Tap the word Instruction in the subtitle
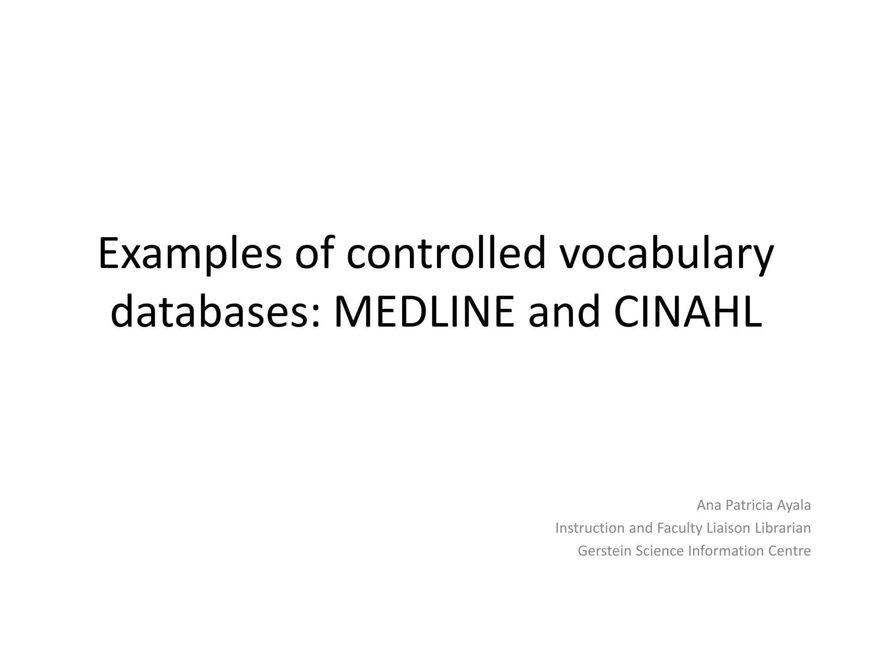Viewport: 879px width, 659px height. (590, 528)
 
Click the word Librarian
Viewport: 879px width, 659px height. (783, 528)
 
